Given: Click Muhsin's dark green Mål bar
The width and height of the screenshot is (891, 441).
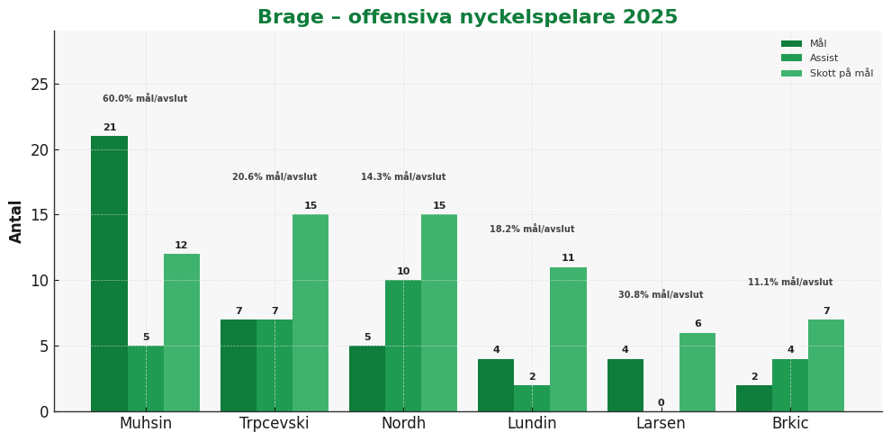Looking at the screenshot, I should click(x=109, y=274).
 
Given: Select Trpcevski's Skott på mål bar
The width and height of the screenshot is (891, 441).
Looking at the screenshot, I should click(x=310, y=312).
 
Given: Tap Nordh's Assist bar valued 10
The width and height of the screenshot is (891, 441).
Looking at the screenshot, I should click(x=403, y=346).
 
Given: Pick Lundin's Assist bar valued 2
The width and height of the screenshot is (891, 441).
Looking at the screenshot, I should click(x=532, y=398).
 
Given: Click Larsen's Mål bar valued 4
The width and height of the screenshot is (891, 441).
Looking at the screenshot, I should click(x=625, y=385).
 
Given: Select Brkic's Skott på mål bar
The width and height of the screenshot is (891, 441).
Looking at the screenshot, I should click(x=826, y=365).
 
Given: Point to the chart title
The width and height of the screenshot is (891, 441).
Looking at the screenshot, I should click(x=467, y=18).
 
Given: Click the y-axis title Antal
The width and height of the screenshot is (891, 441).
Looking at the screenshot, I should click(x=16, y=221).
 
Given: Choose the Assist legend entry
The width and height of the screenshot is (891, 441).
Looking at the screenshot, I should click(x=823, y=58).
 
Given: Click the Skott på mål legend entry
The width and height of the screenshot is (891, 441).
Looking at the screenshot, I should click(x=841, y=74).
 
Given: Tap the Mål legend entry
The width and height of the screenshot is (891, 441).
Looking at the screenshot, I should click(x=817, y=43).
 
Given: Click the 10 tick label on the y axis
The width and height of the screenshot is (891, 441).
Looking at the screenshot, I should click(x=40, y=281).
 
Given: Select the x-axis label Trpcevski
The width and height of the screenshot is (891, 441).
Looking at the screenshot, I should click(x=274, y=424).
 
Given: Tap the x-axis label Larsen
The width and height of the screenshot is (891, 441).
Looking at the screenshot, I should click(x=661, y=424).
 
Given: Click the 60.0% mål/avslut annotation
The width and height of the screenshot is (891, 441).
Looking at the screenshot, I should click(x=145, y=99).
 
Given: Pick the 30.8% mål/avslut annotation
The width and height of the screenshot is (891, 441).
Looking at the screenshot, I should click(x=661, y=295).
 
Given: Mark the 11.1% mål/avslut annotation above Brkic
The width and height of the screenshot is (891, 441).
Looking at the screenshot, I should click(x=790, y=283).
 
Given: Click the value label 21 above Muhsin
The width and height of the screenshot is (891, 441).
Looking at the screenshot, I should click(x=110, y=128).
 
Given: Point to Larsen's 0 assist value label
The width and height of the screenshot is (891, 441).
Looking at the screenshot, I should click(x=661, y=403).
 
